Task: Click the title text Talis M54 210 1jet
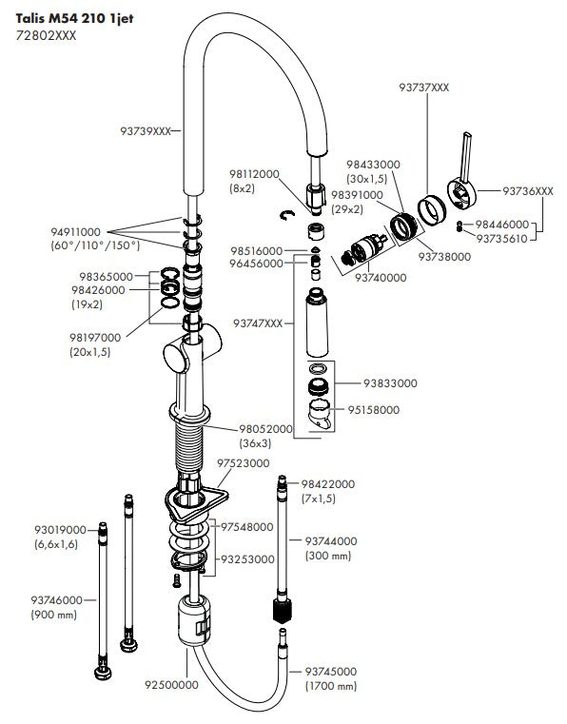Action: pyautogui.click(x=74, y=19)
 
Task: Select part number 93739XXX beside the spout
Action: pyautogui.click(x=146, y=131)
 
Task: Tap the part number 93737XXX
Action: pyautogui.click(x=424, y=88)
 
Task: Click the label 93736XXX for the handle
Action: pyautogui.click(x=528, y=190)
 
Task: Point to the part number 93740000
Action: pyautogui.click(x=381, y=278)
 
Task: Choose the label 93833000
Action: pyautogui.click(x=390, y=383)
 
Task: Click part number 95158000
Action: pyautogui.click(x=374, y=409)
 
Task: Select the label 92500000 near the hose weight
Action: pyautogui.click(x=171, y=685)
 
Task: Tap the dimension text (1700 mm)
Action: pyautogui.click(x=331, y=686)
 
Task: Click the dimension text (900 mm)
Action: pyautogui.click(x=53, y=615)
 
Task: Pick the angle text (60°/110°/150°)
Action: pyautogui.click(x=95, y=245)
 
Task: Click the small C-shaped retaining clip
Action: pyautogui.click(x=287, y=215)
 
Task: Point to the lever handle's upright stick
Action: pyautogui.click(x=466, y=157)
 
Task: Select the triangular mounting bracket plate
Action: pyautogui.click(x=196, y=503)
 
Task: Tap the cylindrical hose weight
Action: pyautogui.click(x=194, y=620)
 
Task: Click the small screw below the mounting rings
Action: pyautogui.click(x=176, y=580)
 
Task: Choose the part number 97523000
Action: pyautogui.click(x=243, y=463)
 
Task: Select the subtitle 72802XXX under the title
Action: pyautogui.click(x=46, y=35)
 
